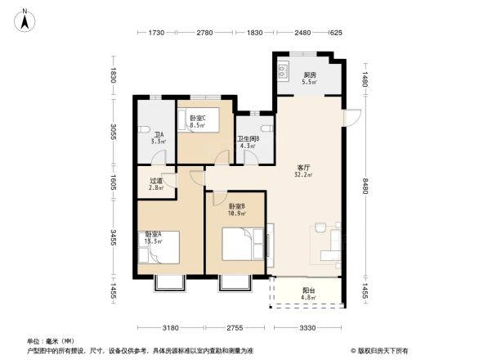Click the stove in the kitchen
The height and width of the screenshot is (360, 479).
[283, 71]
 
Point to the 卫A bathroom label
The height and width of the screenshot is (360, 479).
[159, 137]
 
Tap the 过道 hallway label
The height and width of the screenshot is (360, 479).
[155, 184]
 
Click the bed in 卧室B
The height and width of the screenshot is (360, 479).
[243, 242]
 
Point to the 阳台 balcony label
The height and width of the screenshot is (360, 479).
[308, 293]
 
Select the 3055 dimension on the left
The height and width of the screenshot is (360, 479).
[115, 132]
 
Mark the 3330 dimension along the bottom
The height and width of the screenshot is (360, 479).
[307, 328]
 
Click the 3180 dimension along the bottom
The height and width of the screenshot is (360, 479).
[170, 328]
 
